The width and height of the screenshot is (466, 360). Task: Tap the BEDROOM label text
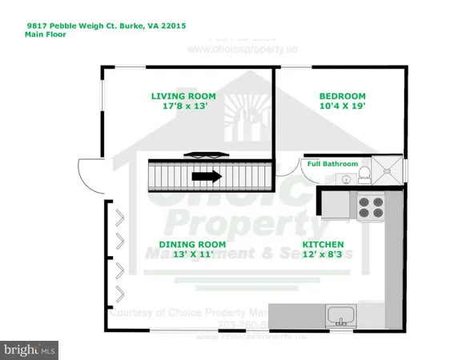[342, 97]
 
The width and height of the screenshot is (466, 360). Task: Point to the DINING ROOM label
[191, 244]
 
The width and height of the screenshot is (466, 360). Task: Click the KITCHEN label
[323, 244]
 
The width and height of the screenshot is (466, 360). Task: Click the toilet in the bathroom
[364, 173]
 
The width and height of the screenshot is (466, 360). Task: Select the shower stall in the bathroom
[389, 170]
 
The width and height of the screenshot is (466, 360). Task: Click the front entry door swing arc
[86, 170]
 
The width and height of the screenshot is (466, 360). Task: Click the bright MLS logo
[30, 349]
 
